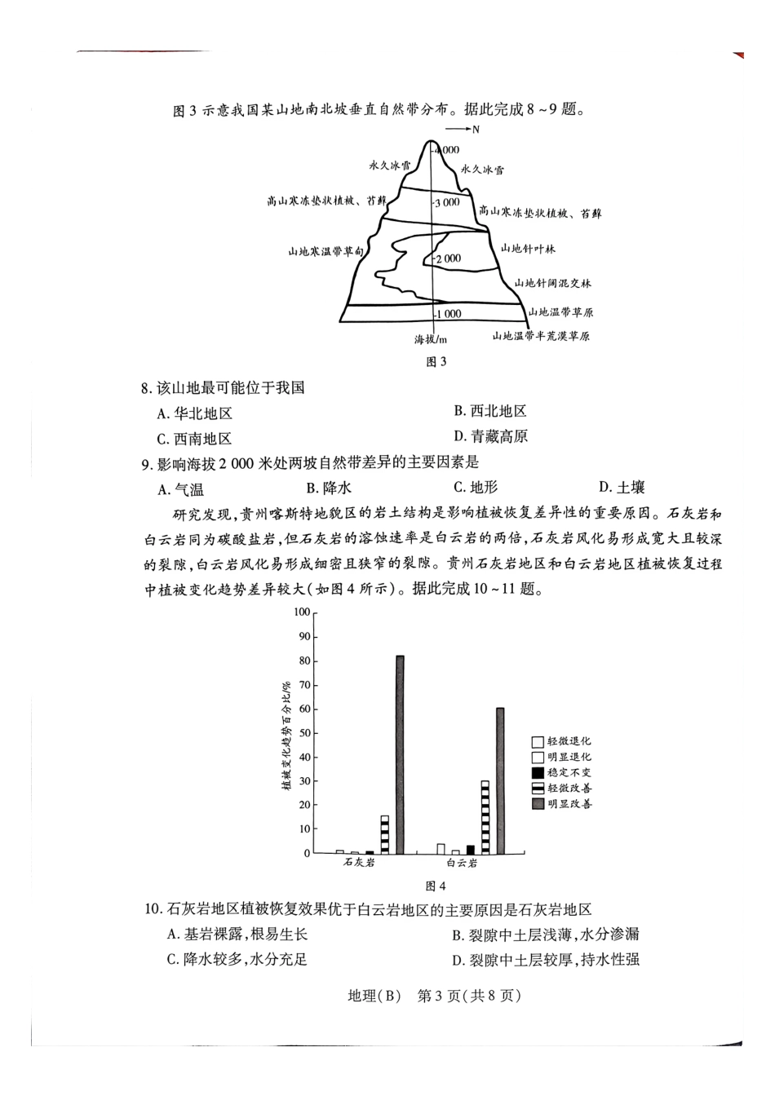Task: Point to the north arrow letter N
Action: click(x=476, y=130)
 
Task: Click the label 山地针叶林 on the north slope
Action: click(x=528, y=248)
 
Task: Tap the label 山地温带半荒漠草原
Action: click(x=540, y=335)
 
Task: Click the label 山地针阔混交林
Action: click(x=552, y=283)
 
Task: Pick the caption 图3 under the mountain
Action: click(x=437, y=362)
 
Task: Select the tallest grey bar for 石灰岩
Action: click(x=400, y=753)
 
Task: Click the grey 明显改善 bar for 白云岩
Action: click(x=500, y=780)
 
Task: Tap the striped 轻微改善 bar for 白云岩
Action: click(x=485, y=816)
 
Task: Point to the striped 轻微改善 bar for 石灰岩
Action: click(x=385, y=833)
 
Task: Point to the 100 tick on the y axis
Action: click(x=303, y=612)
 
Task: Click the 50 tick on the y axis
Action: click(x=305, y=733)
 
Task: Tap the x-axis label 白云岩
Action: click(x=462, y=863)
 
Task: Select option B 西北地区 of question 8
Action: click(x=490, y=411)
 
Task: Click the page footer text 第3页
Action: click(x=441, y=996)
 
